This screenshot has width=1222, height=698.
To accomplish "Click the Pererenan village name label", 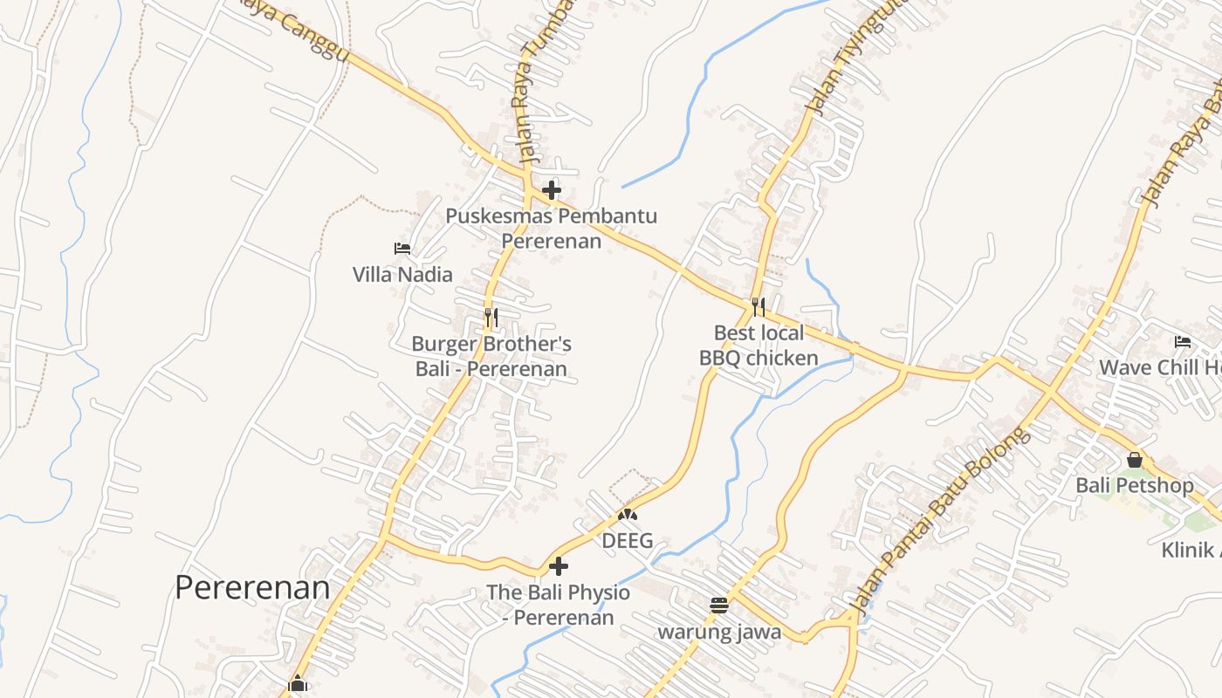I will click(x=252, y=587).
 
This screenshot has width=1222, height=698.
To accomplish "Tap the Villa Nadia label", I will click(x=402, y=275).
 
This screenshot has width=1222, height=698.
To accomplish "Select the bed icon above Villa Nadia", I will click(x=402, y=249).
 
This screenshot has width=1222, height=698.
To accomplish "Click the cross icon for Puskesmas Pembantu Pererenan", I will click(x=552, y=189).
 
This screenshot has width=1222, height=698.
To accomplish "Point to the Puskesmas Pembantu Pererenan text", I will click(x=552, y=228).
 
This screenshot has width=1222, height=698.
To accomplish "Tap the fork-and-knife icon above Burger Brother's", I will click(x=491, y=318).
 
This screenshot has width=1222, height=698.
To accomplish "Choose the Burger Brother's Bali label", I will click(x=491, y=356).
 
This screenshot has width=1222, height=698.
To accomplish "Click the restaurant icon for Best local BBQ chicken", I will click(x=759, y=306).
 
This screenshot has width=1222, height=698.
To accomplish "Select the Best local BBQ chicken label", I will click(x=759, y=345).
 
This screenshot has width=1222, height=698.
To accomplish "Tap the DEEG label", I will click(x=628, y=541).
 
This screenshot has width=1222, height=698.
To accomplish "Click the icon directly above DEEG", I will click(x=628, y=515).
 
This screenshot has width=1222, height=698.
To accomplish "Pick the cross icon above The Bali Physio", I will click(x=559, y=567).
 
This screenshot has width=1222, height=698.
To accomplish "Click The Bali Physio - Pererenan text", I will click(x=559, y=605).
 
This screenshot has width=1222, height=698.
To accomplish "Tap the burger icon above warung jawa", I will click(x=719, y=606).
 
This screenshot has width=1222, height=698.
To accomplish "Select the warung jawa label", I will click(x=719, y=632).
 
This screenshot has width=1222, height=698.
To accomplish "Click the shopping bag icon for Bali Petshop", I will click(x=1135, y=459).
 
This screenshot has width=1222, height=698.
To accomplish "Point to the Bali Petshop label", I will click(x=1135, y=485).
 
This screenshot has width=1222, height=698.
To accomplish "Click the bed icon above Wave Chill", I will click(x=1183, y=341).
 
